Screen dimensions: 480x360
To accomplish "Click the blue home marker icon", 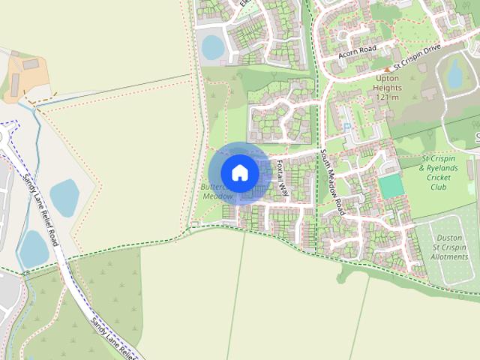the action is [239, 172].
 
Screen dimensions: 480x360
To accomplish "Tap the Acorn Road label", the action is [356, 51].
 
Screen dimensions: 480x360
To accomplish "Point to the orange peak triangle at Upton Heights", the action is [388, 69].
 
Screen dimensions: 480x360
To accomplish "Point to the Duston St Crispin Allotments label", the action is [448, 247].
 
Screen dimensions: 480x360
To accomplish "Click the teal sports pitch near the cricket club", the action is [389, 185].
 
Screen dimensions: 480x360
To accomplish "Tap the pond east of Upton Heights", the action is [454, 74].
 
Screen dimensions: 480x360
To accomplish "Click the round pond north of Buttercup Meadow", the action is [212, 46].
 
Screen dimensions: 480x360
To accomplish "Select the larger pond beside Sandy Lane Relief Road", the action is [64, 198].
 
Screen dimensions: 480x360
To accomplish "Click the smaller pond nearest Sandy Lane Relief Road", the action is [33, 247].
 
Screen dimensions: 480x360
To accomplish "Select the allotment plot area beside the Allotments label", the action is [450, 225].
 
